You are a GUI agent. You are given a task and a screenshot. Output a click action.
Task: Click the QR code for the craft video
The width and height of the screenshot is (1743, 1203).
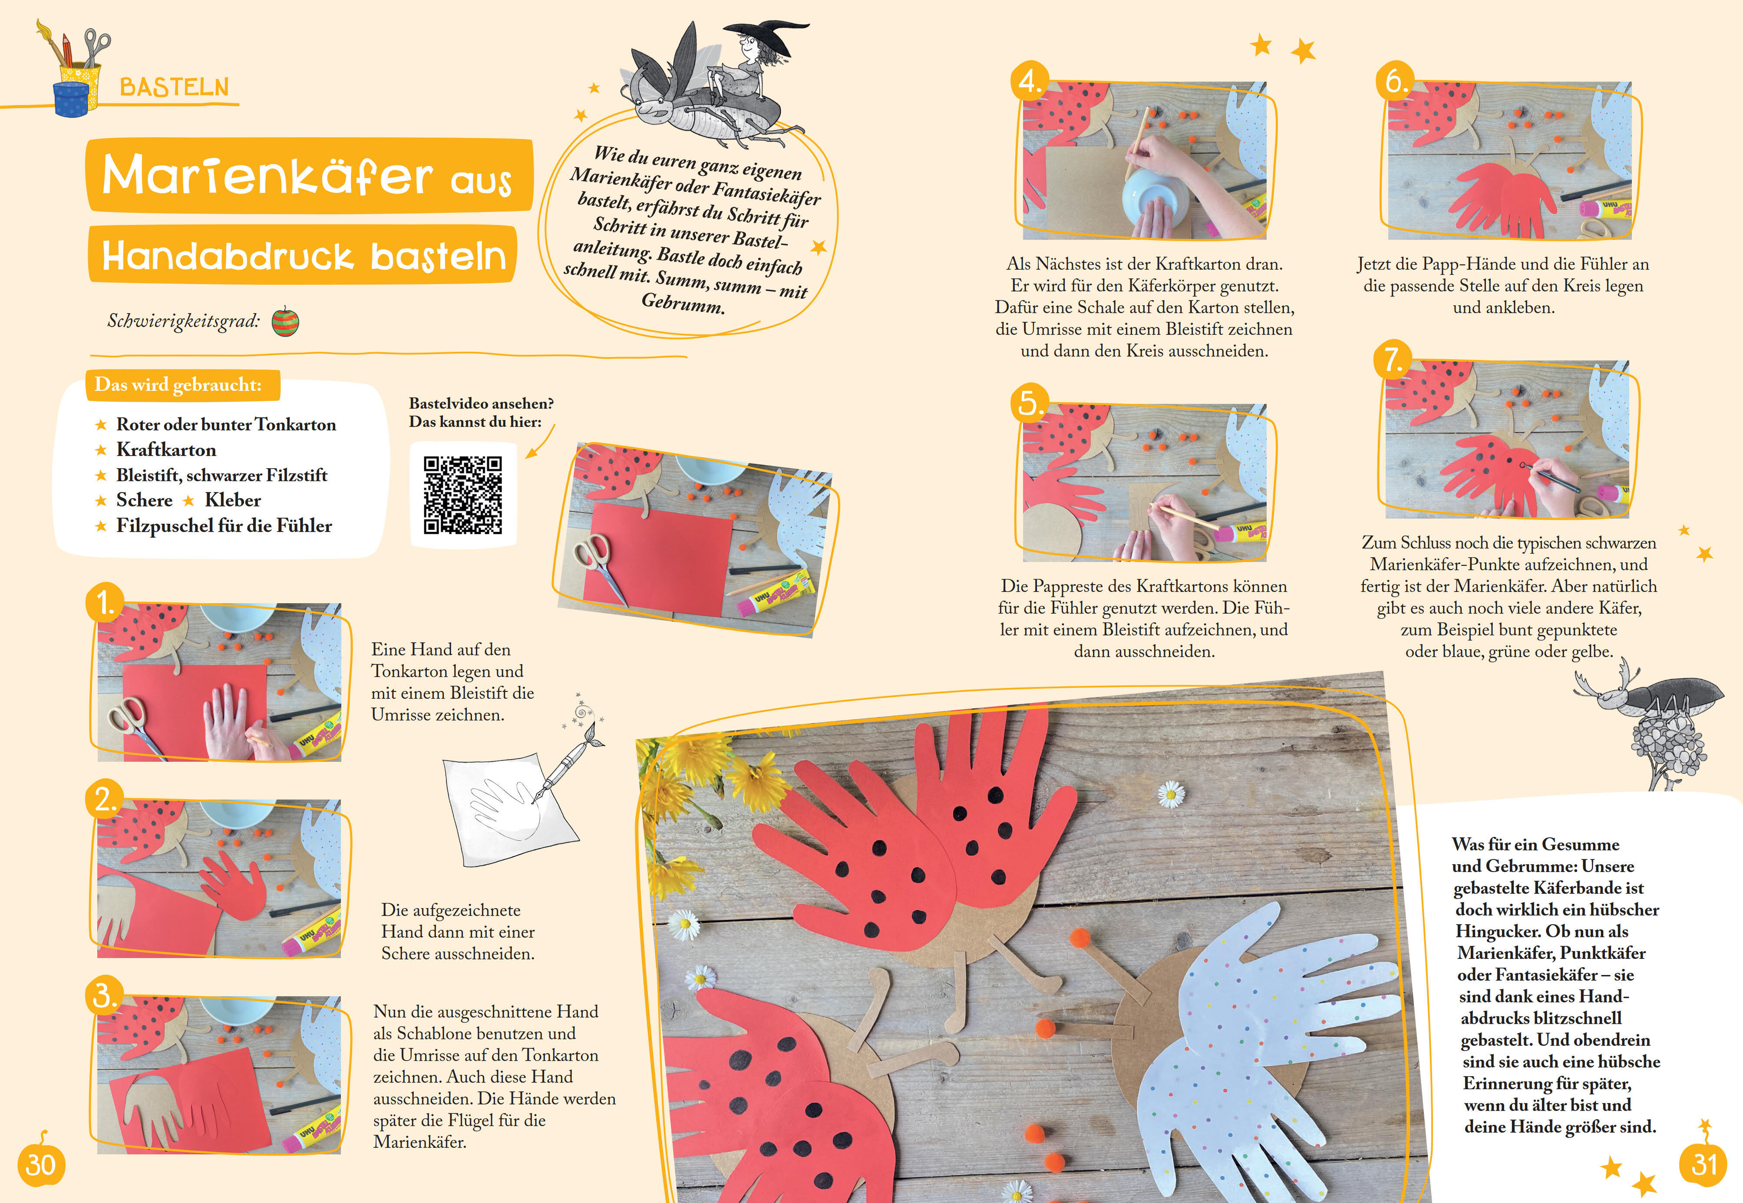click(463, 495)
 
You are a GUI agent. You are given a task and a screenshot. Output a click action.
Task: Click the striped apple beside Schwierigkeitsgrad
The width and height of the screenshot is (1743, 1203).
click(285, 321)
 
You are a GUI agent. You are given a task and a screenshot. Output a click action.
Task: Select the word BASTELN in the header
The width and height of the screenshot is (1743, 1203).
click(174, 87)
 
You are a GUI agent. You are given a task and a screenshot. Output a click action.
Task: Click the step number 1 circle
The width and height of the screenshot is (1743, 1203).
click(105, 602)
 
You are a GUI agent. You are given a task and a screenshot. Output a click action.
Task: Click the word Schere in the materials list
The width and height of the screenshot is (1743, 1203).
click(144, 500)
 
